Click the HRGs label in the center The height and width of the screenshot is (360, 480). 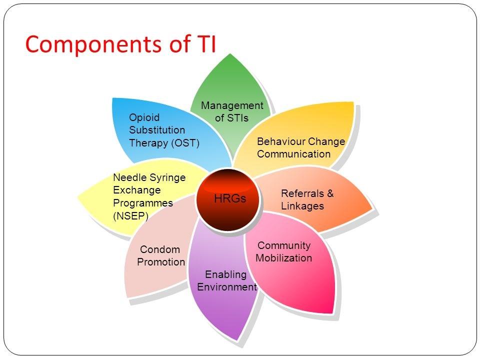tap(230, 198)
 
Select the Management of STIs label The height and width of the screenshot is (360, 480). tap(231, 111)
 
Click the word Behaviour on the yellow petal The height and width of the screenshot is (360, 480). tap(279, 141)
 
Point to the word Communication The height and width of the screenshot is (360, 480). tap(293, 154)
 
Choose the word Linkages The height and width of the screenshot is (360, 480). tap(302, 206)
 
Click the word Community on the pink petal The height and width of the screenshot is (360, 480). tap(283, 245)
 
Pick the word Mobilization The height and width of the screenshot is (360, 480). tap(283, 258)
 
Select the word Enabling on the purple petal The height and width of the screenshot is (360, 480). tap(226, 274)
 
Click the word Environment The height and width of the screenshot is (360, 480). tap(226, 287)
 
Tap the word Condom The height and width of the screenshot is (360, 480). tap(160, 249)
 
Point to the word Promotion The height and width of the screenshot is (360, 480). tap(161, 262)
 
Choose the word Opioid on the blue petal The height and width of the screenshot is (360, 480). tap(144, 117)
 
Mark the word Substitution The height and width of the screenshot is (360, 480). tap(157, 130)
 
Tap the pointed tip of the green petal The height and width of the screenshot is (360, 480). tap(229, 53)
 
